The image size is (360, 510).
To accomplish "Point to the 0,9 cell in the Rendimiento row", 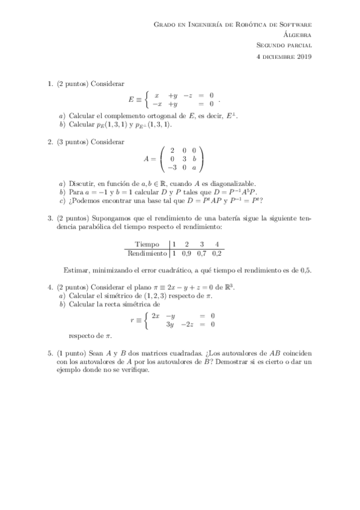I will click(x=188, y=254).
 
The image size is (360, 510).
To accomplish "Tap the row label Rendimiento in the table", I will click(x=147, y=254).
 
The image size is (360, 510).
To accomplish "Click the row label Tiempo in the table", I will click(x=147, y=245).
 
